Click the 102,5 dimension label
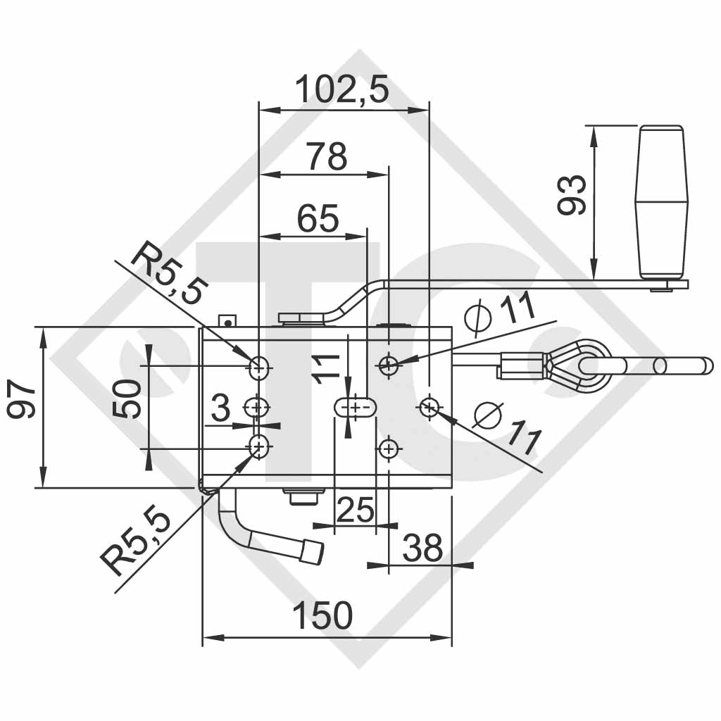tap(341, 90)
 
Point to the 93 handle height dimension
tap(571, 195)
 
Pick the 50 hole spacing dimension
tap(126, 399)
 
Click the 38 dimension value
tap(422, 548)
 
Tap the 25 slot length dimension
tap(354, 510)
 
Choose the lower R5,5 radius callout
tap(137, 541)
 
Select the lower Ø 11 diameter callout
tap(506, 427)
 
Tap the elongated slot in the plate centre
tap(355, 408)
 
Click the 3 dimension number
tap(220, 408)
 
